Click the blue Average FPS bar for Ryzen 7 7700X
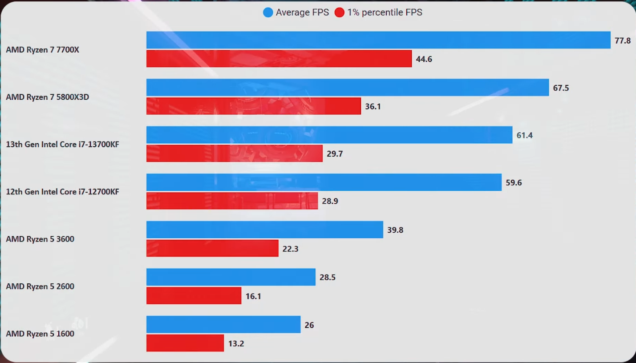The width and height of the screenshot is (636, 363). pyautogui.click(x=378, y=40)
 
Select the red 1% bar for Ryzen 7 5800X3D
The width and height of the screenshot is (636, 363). pyautogui.click(x=254, y=106)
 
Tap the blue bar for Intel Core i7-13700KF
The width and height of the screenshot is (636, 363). pyautogui.click(x=329, y=135)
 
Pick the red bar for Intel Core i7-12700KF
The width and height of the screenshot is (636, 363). pyautogui.click(x=232, y=201)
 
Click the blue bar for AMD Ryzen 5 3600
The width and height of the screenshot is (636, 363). pyautogui.click(x=264, y=230)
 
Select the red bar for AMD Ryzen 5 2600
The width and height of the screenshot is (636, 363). pyautogui.click(x=194, y=296)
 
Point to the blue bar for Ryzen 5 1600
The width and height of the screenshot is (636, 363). pyautogui.click(x=223, y=324)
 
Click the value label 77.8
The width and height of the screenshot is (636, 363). pyautogui.click(x=623, y=40)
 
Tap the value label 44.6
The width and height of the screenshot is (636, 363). pyautogui.click(x=424, y=59)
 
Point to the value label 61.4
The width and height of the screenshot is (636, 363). pyautogui.click(x=524, y=135)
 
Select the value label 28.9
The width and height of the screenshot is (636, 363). pyautogui.click(x=330, y=201)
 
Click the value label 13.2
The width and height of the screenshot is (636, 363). pyautogui.click(x=236, y=343)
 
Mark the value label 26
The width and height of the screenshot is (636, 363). pyautogui.click(x=309, y=325)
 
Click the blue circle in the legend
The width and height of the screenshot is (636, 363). pyautogui.click(x=268, y=12)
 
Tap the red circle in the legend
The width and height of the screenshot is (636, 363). pyautogui.click(x=340, y=12)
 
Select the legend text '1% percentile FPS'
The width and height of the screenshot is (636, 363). pyautogui.click(x=385, y=12)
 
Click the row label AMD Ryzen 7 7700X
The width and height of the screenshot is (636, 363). pyautogui.click(x=42, y=50)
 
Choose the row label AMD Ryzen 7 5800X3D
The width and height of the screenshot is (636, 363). pyautogui.click(x=47, y=97)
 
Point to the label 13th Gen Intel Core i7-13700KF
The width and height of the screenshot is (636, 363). pyautogui.click(x=62, y=145)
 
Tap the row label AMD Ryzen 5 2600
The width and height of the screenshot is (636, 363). pyautogui.click(x=40, y=286)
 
